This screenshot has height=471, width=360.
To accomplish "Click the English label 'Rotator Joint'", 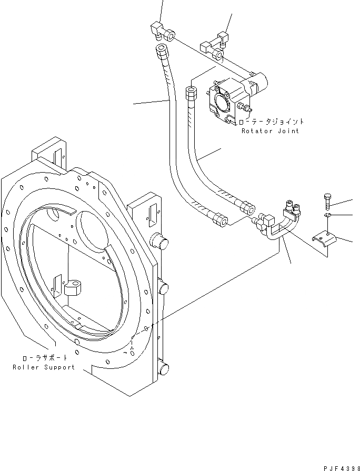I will [x=270, y=131].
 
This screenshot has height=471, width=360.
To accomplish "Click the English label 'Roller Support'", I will [x=44, y=367].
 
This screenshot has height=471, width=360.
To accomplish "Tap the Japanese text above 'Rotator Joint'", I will [x=271, y=122].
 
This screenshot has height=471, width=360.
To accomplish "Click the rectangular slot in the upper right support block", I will [x=151, y=214].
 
